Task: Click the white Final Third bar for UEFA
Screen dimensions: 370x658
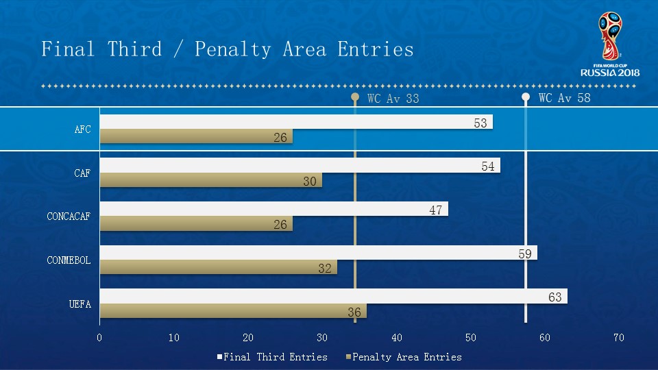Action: tap(329, 296)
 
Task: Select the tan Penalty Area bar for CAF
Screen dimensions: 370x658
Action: tap(206, 180)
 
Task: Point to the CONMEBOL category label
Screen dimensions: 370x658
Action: tap(69, 260)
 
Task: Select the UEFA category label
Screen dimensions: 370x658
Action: tap(80, 304)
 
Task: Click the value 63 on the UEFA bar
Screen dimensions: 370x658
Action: tap(556, 297)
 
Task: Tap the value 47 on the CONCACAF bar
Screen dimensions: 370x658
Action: tap(436, 210)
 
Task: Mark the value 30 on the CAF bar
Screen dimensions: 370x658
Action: tap(310, 182)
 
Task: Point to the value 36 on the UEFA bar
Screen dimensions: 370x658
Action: tap(354, 312)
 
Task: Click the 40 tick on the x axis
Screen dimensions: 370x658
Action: tap(397, 337)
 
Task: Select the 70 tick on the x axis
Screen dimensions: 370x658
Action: tap(619, 337)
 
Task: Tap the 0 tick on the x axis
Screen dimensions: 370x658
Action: tap(99, 337)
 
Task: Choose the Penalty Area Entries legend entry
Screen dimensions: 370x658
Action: tap(406, 357)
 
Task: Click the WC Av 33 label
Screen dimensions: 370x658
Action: tap(393, 99)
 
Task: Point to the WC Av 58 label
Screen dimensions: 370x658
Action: tap(564, 98)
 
